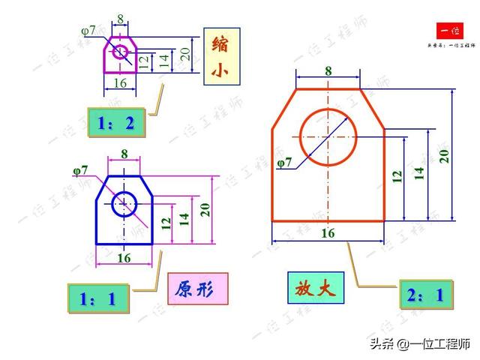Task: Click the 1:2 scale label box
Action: pos(115,123)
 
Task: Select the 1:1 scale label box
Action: pos(98,298)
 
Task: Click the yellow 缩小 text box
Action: pos(220,56)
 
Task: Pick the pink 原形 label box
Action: pos(197,289)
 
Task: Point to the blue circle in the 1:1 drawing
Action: pos(124,203)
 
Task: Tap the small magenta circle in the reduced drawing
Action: pos(119,51)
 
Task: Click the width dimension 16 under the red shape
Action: pos(328,233)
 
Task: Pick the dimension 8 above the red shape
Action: pos(328,70)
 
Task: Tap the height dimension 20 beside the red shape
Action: pos(444,155)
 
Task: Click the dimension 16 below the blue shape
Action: pos(124,257)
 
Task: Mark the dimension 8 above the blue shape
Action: pos(124,154)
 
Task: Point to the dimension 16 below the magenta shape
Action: pos(119,83)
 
